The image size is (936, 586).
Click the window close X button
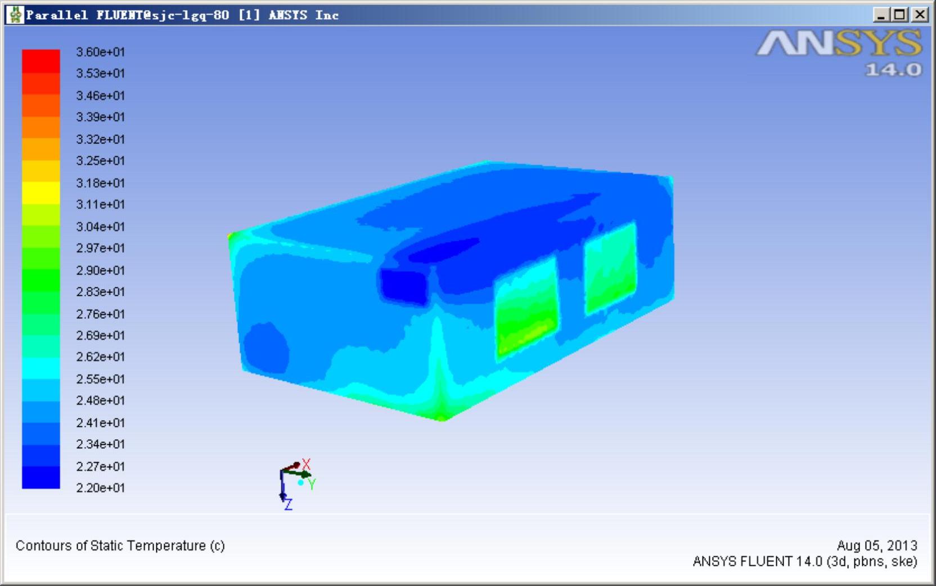tap(919, 15)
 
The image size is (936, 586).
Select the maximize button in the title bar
tap(899, 15)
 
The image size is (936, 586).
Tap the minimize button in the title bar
tap(881, 15)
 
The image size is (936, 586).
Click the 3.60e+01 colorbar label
tap(100, 52)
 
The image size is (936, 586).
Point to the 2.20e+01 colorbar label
tap(100, 488)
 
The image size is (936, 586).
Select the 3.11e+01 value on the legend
tap(100, 204)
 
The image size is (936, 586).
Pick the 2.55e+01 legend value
tap(100, 379)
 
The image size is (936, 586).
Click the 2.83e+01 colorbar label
tap(100, 291)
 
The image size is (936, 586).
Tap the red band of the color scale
tap(41, 61)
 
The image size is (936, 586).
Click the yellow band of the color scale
tap(41, 193)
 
